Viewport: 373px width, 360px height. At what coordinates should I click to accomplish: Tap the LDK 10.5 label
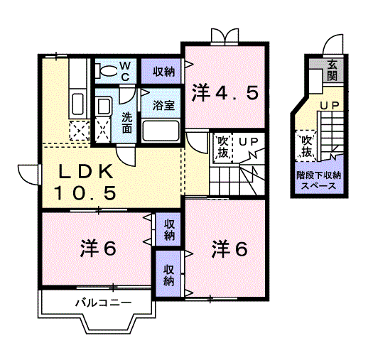point(85,182)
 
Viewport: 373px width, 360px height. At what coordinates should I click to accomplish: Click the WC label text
point(124,71)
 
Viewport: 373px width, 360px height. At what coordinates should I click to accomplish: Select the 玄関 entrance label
point(332,72)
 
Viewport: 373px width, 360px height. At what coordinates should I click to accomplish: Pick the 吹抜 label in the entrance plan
point(306,145)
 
